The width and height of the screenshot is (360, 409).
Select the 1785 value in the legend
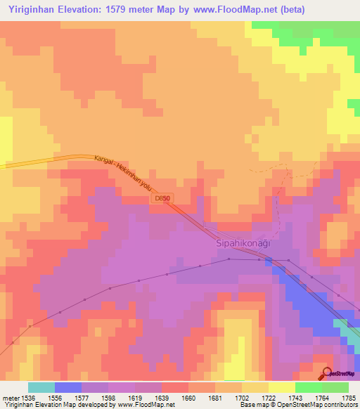(348, 397)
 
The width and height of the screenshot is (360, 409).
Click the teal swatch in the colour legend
(41, 387)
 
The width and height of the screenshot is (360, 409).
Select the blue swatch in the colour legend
(68, 387)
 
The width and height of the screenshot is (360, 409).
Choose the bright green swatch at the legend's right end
(335, 387)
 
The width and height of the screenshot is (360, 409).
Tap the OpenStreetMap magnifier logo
(327, 373)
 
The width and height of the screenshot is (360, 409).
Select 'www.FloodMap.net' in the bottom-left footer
(146, 405)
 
